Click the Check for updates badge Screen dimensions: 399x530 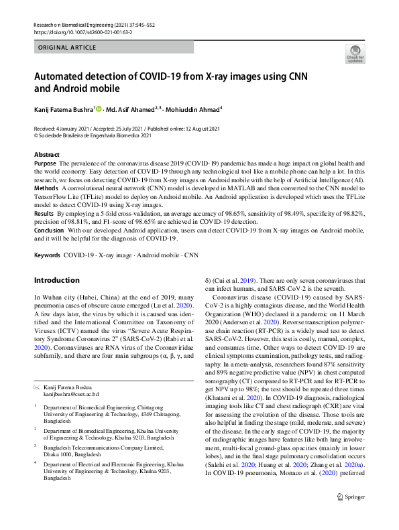pyautogui.click(x=355, y=54)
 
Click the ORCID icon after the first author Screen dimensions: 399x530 pyautogui.click(x=99, y=108)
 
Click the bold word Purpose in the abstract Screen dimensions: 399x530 pyautogui.click(x=45, y=163)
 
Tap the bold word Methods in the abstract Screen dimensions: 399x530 pyautogui.click(x=46, y=190)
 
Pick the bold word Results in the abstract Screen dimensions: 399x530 pyautogui.click(x=44, y=212)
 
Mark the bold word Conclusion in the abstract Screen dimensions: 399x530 pyautogui.click(x=49, y=229)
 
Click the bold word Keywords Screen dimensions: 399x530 pyautogui.click(x=47, y=255)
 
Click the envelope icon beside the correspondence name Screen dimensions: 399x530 pyautogui.click(x=37, y=388)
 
